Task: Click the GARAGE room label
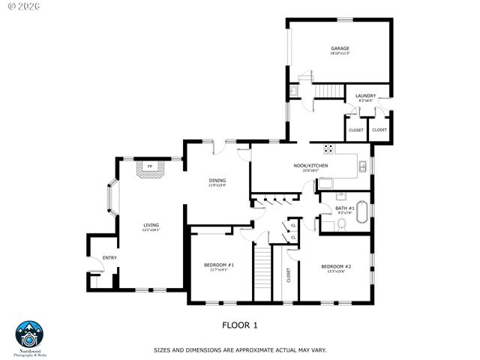tap(340, 49)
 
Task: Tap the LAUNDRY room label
tap(365, 96)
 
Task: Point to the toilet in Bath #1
tap(342, 223)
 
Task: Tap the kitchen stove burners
tap(328, 147)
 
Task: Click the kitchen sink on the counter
tap(361, 166)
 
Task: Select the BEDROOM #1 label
tap(219, 265)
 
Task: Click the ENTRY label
tap(109, 258)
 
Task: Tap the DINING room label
tap(217, 181)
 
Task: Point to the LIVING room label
tap(151, 225)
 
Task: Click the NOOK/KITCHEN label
tap(310, 166)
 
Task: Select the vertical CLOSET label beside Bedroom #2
tap(289, 276)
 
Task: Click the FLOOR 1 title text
tap(240, 325)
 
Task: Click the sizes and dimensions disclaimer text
tap(239, 350)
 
